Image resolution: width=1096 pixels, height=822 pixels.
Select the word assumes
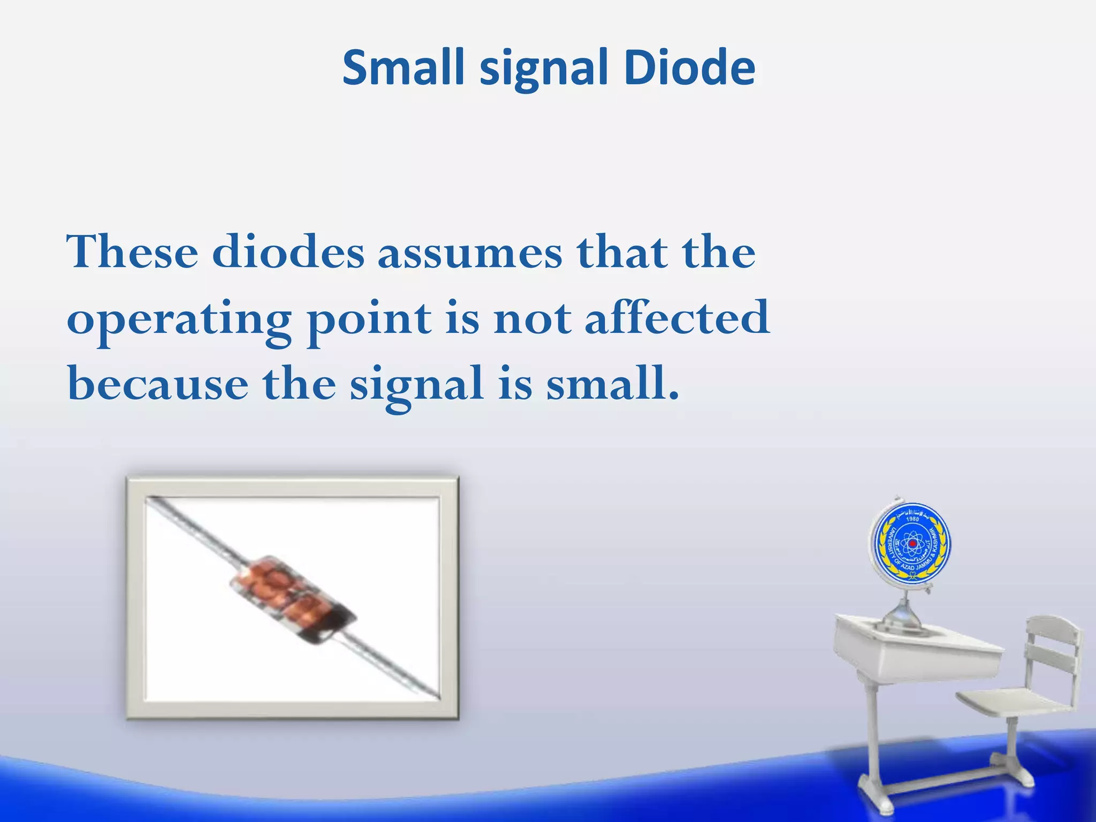[470, 253]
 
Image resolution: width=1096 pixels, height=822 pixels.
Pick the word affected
[677, 318]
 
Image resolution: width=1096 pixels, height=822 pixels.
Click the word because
[158, 384]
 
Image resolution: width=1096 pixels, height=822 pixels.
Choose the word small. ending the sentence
[612, 383]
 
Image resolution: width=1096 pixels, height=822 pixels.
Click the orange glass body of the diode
[278, 589]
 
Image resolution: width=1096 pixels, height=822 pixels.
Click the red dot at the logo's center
[912, 544]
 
